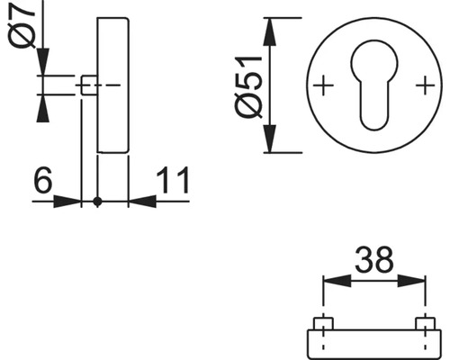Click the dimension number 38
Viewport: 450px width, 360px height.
[374, 261]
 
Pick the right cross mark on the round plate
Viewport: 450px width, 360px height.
[423, 86]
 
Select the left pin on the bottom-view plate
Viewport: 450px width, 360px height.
[322, 323]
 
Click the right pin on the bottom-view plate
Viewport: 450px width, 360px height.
[423, 323]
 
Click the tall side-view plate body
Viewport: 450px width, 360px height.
[112, 86]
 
